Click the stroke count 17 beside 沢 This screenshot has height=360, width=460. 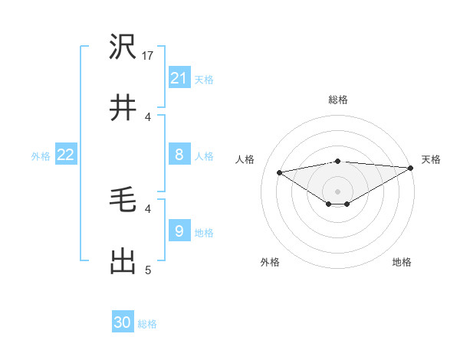pyautogui.click(x=149, y=56)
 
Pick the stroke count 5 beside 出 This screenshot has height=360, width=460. pyautogui.click(x=149, y=270)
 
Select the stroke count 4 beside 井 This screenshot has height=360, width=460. pyautogui.click(x=149, y=116)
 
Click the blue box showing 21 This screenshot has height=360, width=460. pyautogui.click(x=179, y=78)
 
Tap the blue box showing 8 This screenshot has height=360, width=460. pyautogui.click(x=179, y=155)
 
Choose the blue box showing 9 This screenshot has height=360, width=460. pyautogui.click(x=179, y=231)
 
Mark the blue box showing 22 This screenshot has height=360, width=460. pyautogui.click(x=66, y=155)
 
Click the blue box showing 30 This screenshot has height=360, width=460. pyautogui.click(x=123, y=322)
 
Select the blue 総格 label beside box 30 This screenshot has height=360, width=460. pyautogui.click(x=147, y=324)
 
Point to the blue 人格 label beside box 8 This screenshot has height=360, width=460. pyautogui.click(x=204, y=156)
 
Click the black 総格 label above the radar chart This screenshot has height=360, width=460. pyautogui.click(x=337, y=100)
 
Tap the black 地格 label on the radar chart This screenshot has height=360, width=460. pyautogui.click(x=402, y=262)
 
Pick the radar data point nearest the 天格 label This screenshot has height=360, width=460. pyautogui.click(x=411, y=168)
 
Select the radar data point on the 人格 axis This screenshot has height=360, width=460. pyautogui.click(x=279, y=172)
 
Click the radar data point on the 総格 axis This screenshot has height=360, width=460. pyautogui.click(x=337, y=161)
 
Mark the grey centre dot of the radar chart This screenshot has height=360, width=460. pyautogui.click(x=337, y=191)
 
